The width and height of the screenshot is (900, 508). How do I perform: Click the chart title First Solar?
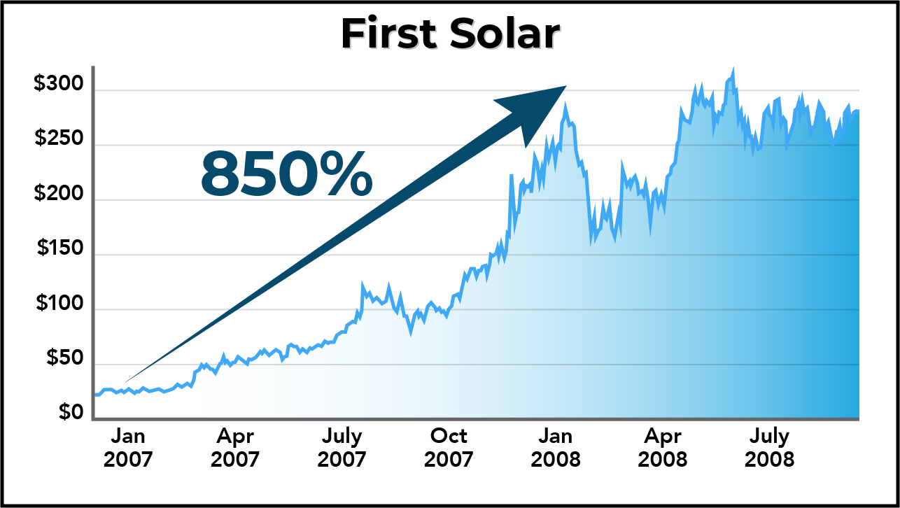(x=450, y=34)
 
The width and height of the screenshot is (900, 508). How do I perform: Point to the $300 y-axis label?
(x=59, y=85)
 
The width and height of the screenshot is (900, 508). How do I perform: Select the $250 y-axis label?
(x=59, y=139)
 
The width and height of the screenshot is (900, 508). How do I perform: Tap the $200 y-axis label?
(x=59, y=195)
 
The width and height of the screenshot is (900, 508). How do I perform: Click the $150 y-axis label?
(x=59, y=249)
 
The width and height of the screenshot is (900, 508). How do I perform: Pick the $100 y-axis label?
(x=59, y=304)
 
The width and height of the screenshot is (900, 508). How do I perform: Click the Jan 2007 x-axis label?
(x=128, y=448)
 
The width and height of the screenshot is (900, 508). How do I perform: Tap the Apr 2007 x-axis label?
(x=235, y=448)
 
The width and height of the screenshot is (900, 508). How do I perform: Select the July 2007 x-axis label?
(x=342, y=448)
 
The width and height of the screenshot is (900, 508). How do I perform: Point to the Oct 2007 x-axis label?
(x=449, y=448)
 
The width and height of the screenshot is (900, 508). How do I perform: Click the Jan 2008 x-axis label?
(x=556, y=448)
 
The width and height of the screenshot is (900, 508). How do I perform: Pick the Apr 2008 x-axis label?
(x=663, y=448)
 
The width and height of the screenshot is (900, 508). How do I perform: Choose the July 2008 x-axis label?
(x=770, y=448)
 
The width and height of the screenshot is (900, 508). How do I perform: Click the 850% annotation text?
(x=286, y=172)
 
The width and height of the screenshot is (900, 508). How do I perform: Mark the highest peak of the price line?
(x=733, y=70)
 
